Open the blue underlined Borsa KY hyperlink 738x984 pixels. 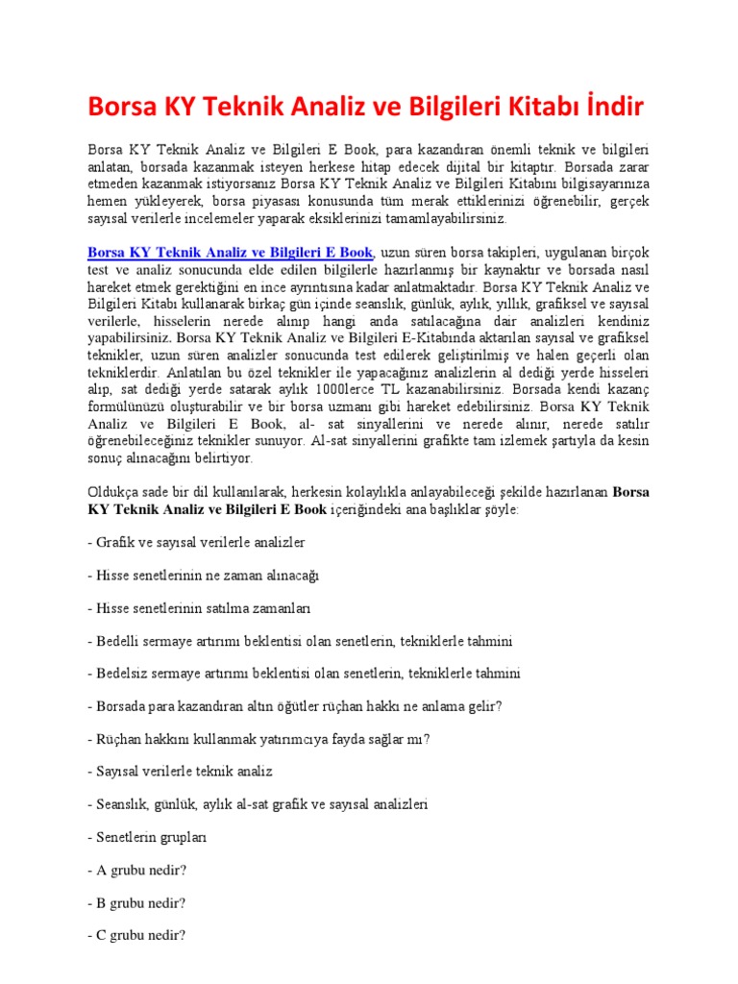230,253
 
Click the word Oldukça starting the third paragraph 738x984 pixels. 113,492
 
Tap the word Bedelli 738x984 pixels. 119,641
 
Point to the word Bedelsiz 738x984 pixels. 123,674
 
